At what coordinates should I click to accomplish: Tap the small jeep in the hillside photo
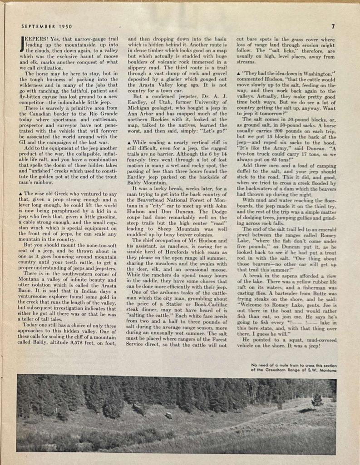point(169,415)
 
